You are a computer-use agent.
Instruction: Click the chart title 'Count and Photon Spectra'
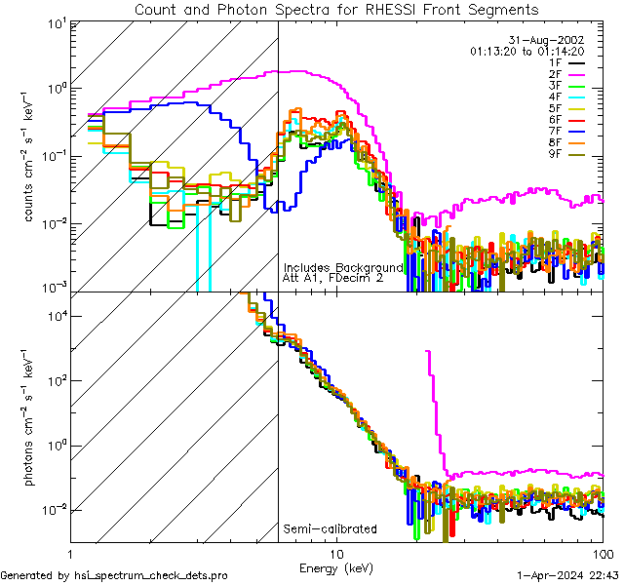point(335,10)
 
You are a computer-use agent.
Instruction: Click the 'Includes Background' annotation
point(343,267)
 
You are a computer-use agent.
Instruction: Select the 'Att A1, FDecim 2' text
point(332,278)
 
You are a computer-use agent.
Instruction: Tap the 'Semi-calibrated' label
point(330,529)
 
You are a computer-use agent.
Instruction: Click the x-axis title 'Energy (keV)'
point(335,567)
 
